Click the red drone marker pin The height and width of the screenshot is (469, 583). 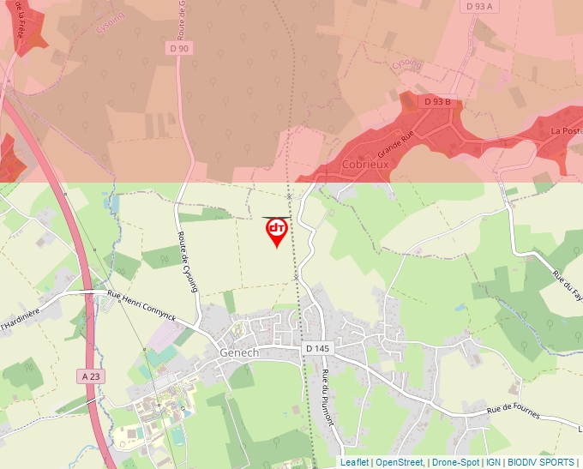[x=276, y=231]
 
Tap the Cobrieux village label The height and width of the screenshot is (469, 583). [x=365, y=164]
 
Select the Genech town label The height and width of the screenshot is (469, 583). [x=239, y=352]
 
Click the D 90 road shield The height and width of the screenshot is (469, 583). [x=178, y=49]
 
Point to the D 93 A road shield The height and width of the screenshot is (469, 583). [x=482, y=6]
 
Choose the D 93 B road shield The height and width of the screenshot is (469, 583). [x=437, y=102]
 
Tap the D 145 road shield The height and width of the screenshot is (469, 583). [x=317, y=348]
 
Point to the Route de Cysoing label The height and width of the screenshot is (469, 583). [x=188, y=262]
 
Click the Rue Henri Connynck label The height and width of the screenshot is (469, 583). [x=141, y=306]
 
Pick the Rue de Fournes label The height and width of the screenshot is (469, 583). [x=514, y=412]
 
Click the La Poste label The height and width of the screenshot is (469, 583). [x=566, y=130]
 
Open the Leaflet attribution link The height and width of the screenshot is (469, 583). [x=354, y=462]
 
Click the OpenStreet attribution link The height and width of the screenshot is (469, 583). [x=399, y=462]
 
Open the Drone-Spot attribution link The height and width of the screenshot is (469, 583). [x=455, y=462]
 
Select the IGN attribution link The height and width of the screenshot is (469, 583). [x=493, y=462]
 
